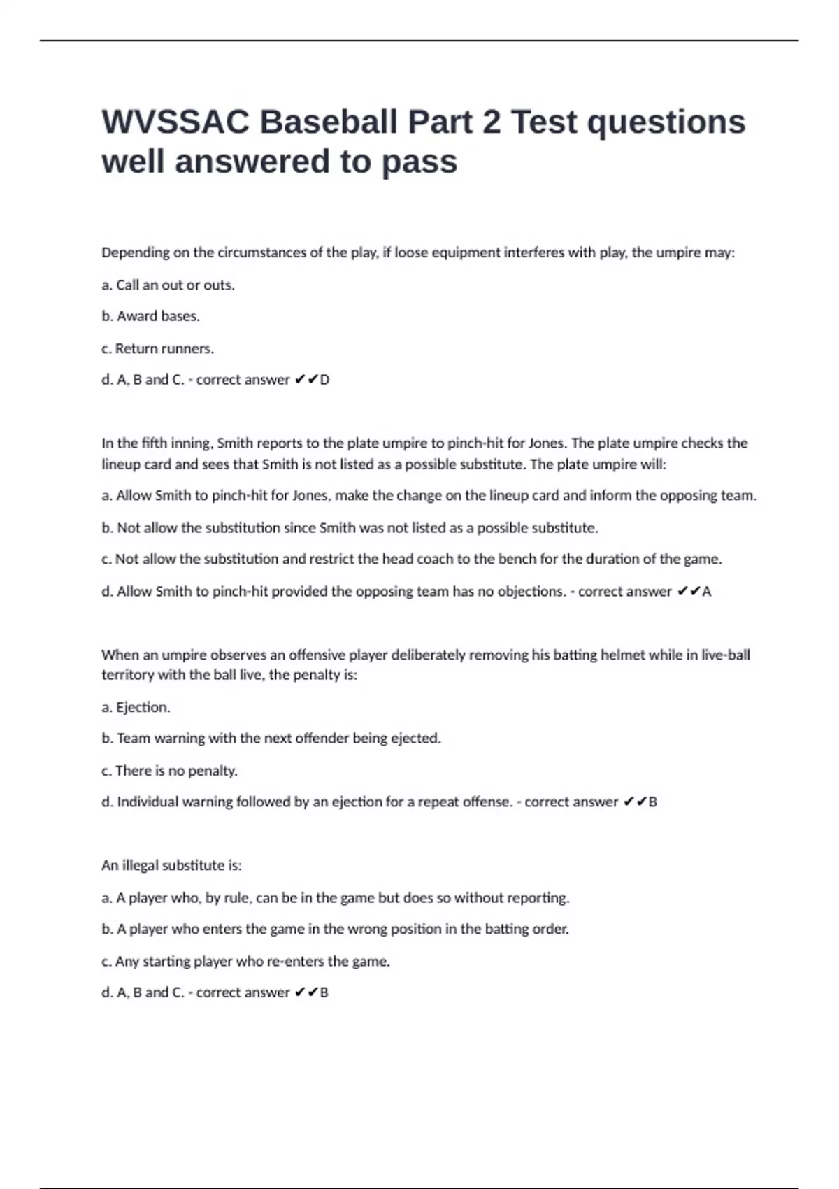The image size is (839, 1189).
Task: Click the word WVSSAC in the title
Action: click(x=175, y=122)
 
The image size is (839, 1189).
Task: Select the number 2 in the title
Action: click(x=491, y=122)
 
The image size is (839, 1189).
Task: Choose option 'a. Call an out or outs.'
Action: click(x=168, y=285)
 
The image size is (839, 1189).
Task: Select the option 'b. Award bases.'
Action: click(x=150, y=316)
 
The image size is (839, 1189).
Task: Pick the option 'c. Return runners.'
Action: click(x=157, y=348)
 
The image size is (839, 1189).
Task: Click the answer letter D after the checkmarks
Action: click(x=324, y=380)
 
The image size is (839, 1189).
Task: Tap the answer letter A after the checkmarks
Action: click(x=707, y=592)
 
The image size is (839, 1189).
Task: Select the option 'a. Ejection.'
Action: click(x=136, y=707)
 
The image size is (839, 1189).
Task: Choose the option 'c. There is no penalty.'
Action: click(x=169, y=771)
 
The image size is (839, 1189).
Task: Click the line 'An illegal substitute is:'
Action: click(x=171, y=865)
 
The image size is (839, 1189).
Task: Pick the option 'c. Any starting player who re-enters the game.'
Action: click(x=245, y=961)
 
